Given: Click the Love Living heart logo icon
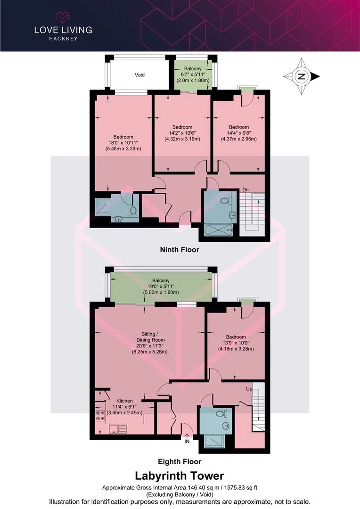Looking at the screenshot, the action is tap(63, 16).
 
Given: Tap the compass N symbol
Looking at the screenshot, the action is tap(302, 77).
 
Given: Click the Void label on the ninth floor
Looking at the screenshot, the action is tap(139, 75).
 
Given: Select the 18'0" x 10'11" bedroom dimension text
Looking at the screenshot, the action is tap(123, 143).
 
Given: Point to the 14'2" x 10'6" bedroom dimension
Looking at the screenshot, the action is tap(182, 133).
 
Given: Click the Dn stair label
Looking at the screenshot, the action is tap(246, 190).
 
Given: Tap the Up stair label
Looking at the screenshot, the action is tap(249, 388).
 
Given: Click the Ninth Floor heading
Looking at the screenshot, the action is tap(180, 250).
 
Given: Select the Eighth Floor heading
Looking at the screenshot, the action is tap(180, 461).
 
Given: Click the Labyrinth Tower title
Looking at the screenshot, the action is tap(180, 476).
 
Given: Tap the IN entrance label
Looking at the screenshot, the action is tap(187, 442).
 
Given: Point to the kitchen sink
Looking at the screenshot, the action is tap(118, 429).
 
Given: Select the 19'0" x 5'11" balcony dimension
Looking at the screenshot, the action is tap(161, 287).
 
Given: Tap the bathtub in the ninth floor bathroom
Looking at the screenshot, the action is tap(219, 230).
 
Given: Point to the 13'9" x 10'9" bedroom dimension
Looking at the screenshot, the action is tap(236, 343).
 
